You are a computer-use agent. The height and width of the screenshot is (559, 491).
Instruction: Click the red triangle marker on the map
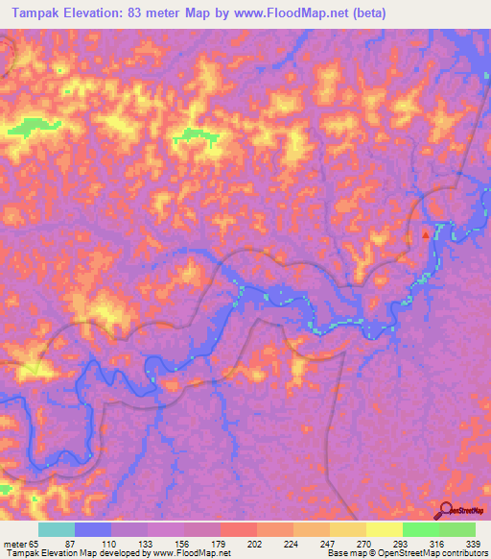[426, 232]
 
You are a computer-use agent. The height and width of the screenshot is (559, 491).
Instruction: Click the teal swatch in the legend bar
[57, 529]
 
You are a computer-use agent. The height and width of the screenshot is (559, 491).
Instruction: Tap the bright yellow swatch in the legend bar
[385, 529]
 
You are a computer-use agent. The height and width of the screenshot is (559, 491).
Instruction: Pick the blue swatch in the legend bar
[93, 529]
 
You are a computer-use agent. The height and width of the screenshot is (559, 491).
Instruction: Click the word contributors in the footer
[462, 552]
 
